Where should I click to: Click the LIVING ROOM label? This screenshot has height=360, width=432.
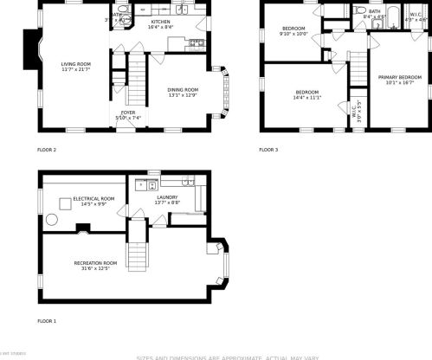[75, 63]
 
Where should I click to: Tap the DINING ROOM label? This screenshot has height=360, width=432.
[183, 89]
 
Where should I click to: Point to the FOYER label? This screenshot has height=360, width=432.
[126, 112]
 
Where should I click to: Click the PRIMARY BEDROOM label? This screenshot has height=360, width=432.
[399, 78]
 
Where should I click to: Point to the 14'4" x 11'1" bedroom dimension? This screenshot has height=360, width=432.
[307, 98]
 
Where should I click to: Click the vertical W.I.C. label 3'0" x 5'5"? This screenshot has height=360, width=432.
[358, 107]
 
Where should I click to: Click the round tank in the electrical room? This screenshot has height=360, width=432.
[51, 220]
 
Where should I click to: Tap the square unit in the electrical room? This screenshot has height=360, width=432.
[65, 204]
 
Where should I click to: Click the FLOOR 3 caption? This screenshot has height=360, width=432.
[268, 150]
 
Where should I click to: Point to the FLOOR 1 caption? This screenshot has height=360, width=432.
[47, 321]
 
